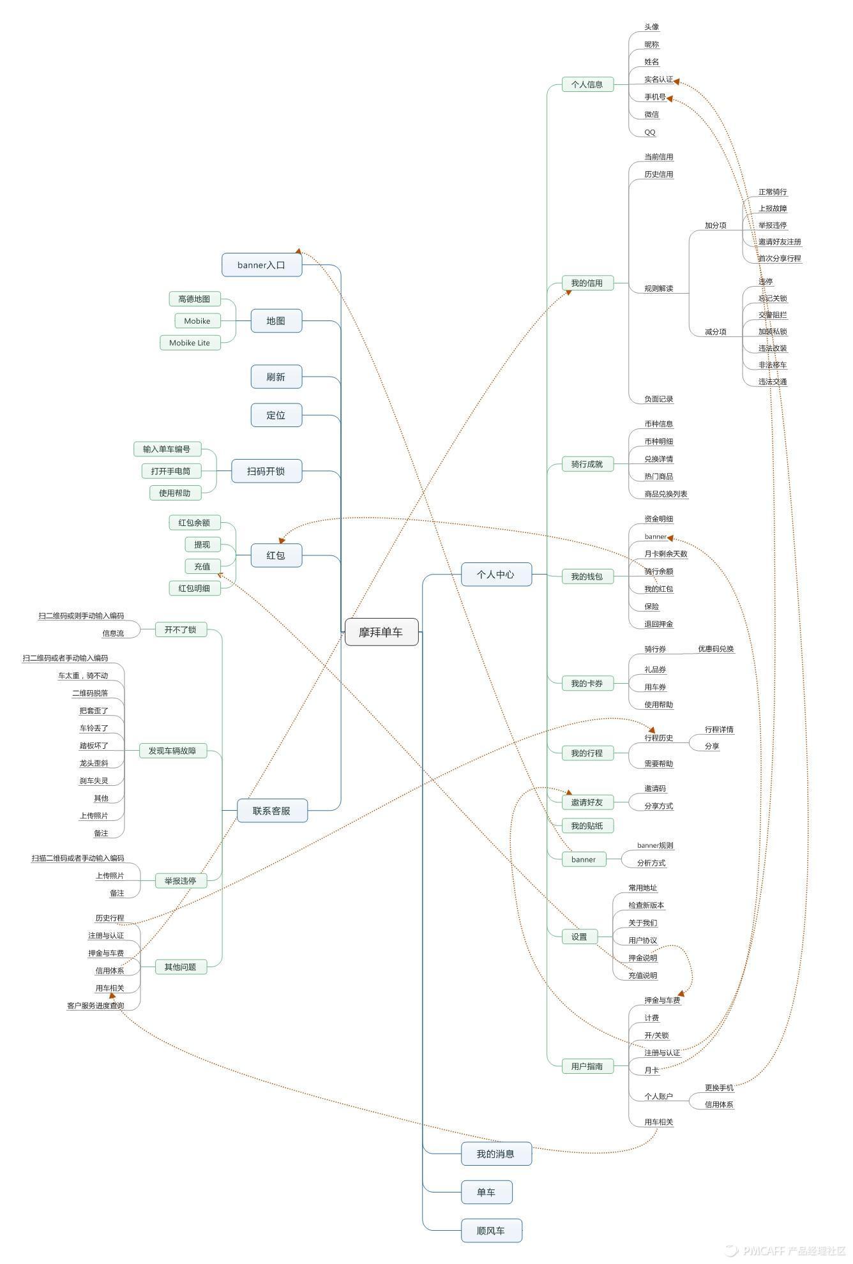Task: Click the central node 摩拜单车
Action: click(381, 632)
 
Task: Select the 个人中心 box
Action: click(495, 575)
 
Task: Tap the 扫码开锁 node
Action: click(266, 471)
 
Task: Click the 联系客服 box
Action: click(271, 811)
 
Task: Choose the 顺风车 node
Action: click(491, 1230)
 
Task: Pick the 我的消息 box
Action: click(495, 1154)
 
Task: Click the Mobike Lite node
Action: click(190, 343)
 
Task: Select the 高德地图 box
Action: click(194, 299)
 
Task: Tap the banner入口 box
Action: click(261, 265)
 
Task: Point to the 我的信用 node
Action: click(587, 283)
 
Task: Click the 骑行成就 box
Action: click(587, 464)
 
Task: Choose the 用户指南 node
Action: click(587, 1065)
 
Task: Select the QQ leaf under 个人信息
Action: click(650, 132)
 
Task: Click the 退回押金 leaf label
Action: click(659, 624)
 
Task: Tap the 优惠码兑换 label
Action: click(716, 649)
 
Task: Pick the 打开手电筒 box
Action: click(170, 471)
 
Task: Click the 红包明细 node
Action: click(194, 588)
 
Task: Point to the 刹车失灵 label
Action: click(94, 781)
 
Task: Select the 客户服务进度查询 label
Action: click(96, 1005)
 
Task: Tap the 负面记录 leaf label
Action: click(659, 399)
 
